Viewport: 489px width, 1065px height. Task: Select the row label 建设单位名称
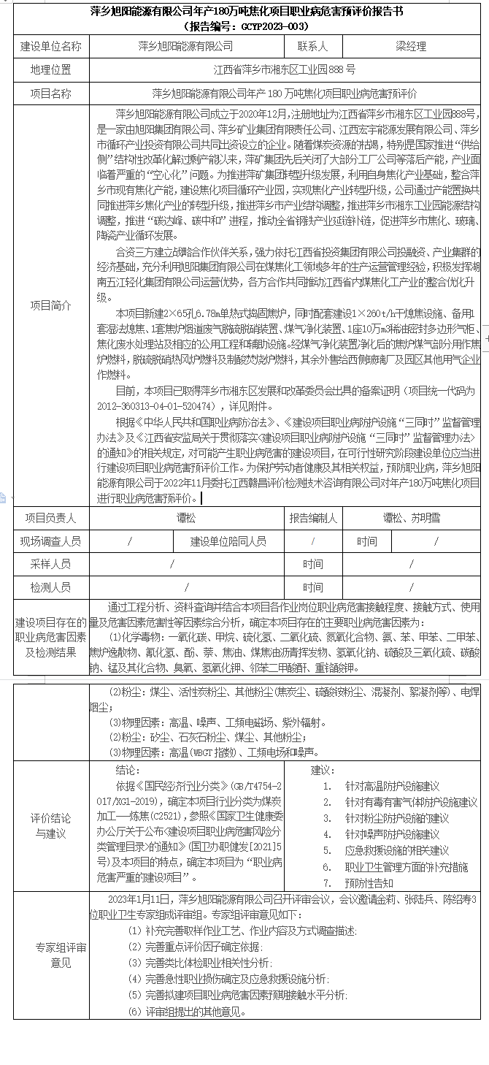click(51, 46)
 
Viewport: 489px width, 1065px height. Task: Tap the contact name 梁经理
click(411, 46)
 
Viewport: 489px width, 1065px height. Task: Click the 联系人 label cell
click(312, 46)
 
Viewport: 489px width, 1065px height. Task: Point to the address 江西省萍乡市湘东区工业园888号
click(285, 70)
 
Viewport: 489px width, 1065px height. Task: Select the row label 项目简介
click(51, 306)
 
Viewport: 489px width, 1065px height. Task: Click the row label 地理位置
click(51, 70)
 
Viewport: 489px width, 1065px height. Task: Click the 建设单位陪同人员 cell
click(228, 541)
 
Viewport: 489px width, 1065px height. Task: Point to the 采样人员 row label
click(51, 564)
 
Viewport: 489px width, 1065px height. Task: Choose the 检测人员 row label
click(51, 587)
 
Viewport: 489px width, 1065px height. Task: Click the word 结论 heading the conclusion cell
click(126, 770)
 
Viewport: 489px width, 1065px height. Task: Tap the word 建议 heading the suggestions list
click(322, 770)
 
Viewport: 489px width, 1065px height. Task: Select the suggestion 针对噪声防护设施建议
click(392, 834)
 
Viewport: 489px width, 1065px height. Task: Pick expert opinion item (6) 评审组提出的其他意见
click(187, 1012)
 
